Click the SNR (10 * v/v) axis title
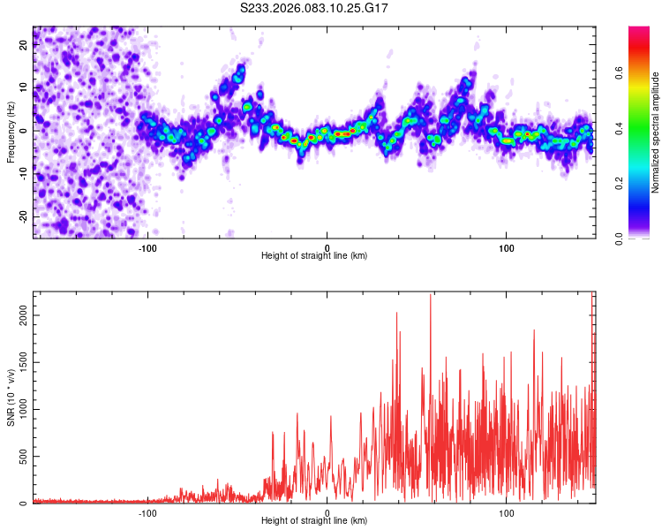point(10,398)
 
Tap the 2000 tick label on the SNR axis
point(18,314)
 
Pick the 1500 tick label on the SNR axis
point(18,362)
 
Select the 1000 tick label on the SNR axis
point(18,409)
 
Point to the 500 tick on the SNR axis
point(21,457)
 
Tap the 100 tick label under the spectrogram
point(507,246)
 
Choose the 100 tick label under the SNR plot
point(507,512)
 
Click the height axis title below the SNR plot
point(314,521)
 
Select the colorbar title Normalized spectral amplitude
point(656,132)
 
